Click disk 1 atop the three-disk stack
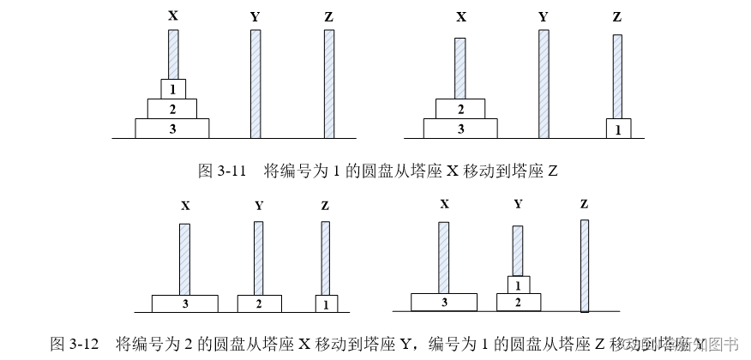[172, 88]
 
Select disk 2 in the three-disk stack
[172, 108]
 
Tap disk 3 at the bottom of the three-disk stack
[172, 128]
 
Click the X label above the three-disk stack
[172, 16]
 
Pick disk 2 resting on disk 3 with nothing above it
[461, 108]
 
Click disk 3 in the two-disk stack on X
[461, 128]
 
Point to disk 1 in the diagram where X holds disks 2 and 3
[618, 129]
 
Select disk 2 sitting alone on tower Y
[259, 303]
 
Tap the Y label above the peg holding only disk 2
[259, 206]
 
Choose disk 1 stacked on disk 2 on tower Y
[518, 284]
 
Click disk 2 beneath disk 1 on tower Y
[518, 302]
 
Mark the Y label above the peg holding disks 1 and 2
[518, 204]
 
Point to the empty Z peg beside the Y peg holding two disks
[584, 266]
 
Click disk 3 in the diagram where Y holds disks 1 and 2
[443, 302]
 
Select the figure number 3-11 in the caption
[230, 171]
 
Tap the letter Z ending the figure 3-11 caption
[553, 171]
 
